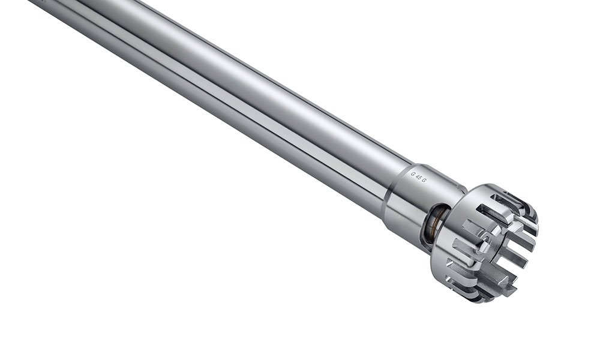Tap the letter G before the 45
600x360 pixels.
[x=413, y=172]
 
